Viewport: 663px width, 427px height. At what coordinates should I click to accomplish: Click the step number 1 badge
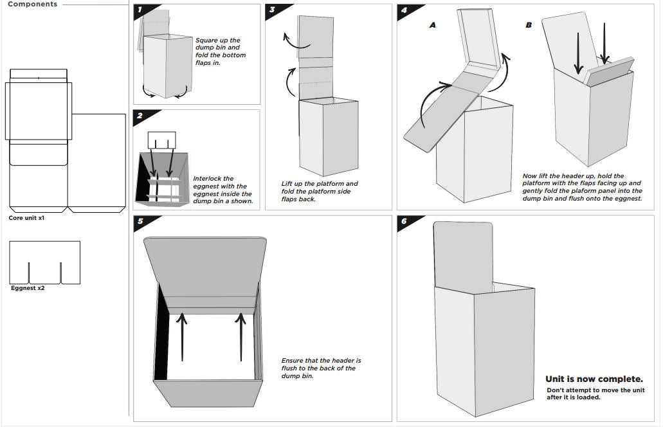pyautogui.click(x=140, y=10)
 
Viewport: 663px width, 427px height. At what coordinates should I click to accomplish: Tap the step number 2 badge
pyautogui.click(x=140, y=116)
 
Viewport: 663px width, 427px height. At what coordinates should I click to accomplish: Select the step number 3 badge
pyautogui.click(x=273, y=10)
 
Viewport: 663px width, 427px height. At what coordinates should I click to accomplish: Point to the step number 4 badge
pyautogui.click(x=404, y=10)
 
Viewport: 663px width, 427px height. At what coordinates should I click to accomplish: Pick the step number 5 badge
pyautogui.click(x=140, y=222)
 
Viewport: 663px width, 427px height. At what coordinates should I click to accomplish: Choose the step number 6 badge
pyautogui.click(x=404, y=222)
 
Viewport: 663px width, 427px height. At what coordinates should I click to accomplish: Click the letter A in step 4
pyautogui.click(x=433, y=25)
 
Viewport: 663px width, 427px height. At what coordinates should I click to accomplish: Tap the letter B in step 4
pyautogui.click(x=529, y=25)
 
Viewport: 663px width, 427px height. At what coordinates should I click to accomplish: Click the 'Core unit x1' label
pyautogui.click(x=26, y=219)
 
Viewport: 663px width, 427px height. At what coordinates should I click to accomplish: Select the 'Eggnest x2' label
pyautogui.click(x=28, y=289)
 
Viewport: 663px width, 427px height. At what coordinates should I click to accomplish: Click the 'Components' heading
pyautogui.click(x=32, y=5)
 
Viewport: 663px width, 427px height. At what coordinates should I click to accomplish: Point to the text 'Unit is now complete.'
pyautogui.click(x=594, y=379)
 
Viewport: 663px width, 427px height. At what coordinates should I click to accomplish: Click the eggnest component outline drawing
pyautogui.click(x=45, y=262)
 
